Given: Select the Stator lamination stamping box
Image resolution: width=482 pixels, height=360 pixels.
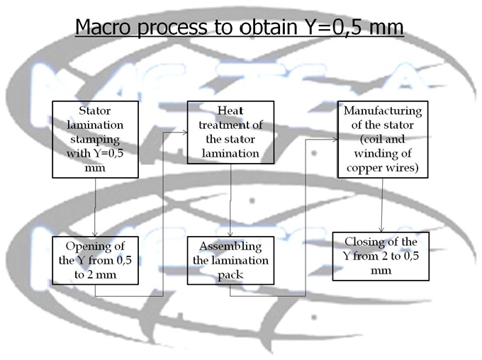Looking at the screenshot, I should pyautogui.click(x=94, y=139).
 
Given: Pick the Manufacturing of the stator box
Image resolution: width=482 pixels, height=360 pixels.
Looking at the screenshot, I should pyautogui.click(x=383, y=139).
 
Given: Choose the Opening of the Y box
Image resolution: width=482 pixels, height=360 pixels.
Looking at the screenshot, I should pyautogui.click(x=94, y=260).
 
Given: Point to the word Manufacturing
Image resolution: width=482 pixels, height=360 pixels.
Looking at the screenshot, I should pyautogui.click(x=383, y=111).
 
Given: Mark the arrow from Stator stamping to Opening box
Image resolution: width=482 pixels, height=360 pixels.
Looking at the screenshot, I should pyautogui.click(x=96, y=207).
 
